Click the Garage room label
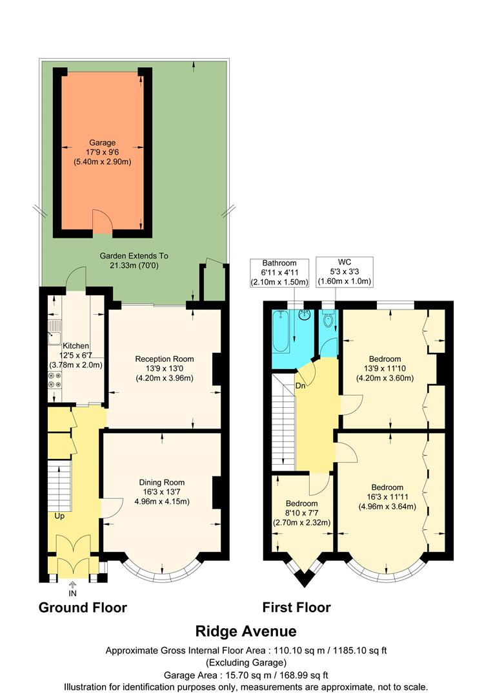coord(103,152)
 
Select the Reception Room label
coord(164,368)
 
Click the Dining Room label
coord(162,491)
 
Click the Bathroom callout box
coord(279,273)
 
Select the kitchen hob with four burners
coord(55,380)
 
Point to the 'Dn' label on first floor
coord(300,386)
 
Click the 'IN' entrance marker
coord(72,592)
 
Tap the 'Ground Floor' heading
coord(83,608)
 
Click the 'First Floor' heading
coord(296,608)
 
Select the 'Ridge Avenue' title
coord(246,631)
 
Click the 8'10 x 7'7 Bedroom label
coord(302,513)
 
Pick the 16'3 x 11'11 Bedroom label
coord(387,497)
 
